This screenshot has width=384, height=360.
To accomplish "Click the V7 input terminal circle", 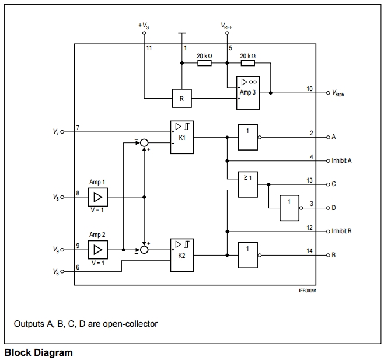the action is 62,132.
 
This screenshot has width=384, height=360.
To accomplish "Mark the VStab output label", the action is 338,93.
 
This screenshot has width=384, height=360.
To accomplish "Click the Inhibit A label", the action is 341,160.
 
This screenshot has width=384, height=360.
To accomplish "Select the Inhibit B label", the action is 341,231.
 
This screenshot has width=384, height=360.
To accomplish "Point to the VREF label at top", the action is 226,26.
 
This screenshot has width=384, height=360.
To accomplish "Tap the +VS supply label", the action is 144,26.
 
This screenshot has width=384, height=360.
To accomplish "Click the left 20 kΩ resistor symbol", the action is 204,63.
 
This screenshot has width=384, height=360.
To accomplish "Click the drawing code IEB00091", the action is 308,291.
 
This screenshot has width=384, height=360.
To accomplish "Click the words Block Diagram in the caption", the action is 39,353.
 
